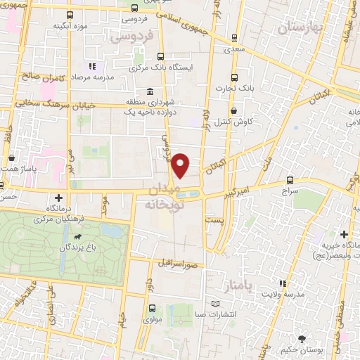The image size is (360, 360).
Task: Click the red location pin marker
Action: pos(181,165)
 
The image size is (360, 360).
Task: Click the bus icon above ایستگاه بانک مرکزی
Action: pos(161,57)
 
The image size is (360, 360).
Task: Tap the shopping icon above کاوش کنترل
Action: pos(233,110)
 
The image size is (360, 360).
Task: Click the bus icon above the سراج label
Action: pos(290,181)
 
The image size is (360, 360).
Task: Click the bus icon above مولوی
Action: pos(153,308)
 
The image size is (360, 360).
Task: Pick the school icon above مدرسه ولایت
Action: pos(282,283)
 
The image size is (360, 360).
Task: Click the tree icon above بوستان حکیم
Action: pos(302,338)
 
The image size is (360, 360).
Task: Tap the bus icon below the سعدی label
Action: pos(234,38)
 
